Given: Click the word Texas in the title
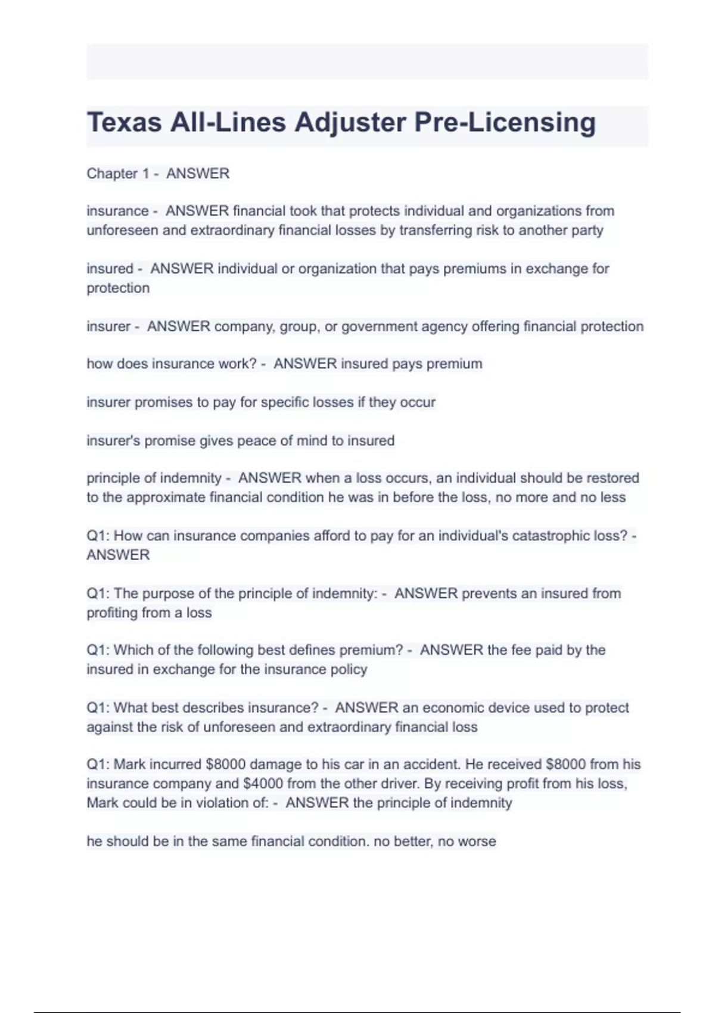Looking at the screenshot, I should [x=124, y=123].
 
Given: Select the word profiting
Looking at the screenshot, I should [x=111, y=613].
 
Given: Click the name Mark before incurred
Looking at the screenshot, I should [x=129, y=765].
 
